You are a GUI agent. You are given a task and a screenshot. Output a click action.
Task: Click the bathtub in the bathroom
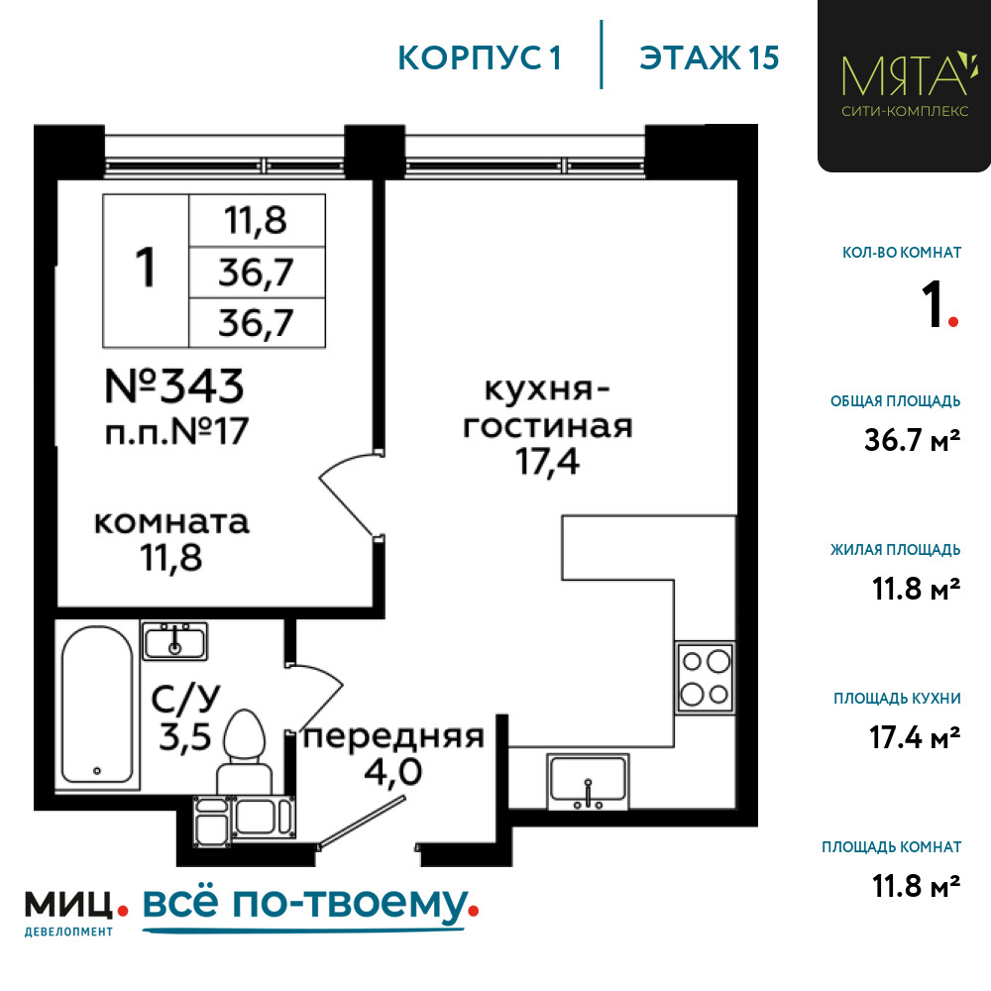coord(97,705)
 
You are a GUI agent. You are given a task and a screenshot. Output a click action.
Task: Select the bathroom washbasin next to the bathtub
coord(174,641)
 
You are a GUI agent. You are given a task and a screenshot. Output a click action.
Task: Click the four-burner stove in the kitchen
coord(706,678)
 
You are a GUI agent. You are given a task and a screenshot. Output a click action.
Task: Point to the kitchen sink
coord(588,782)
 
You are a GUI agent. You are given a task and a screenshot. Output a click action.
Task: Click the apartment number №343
coord(173,385)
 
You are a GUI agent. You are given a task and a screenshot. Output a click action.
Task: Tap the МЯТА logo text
coord(905,75)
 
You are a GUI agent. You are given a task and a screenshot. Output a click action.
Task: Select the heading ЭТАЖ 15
coord(710,58)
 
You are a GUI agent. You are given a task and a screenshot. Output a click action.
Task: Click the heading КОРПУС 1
coord(480,58)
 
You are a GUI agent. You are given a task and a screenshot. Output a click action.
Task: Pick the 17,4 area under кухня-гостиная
coord(547,462)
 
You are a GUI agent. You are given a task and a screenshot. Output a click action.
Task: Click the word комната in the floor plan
coord(171,522)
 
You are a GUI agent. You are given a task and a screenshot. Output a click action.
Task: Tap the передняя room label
coord(393,737)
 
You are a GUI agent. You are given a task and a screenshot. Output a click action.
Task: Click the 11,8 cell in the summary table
coord(256,221)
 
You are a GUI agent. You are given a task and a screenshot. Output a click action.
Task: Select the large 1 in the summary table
coord(146,268)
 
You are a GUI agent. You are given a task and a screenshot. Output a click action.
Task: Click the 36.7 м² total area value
coord(912,440)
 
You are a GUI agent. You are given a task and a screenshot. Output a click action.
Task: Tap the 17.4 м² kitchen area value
coord(915,737)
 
